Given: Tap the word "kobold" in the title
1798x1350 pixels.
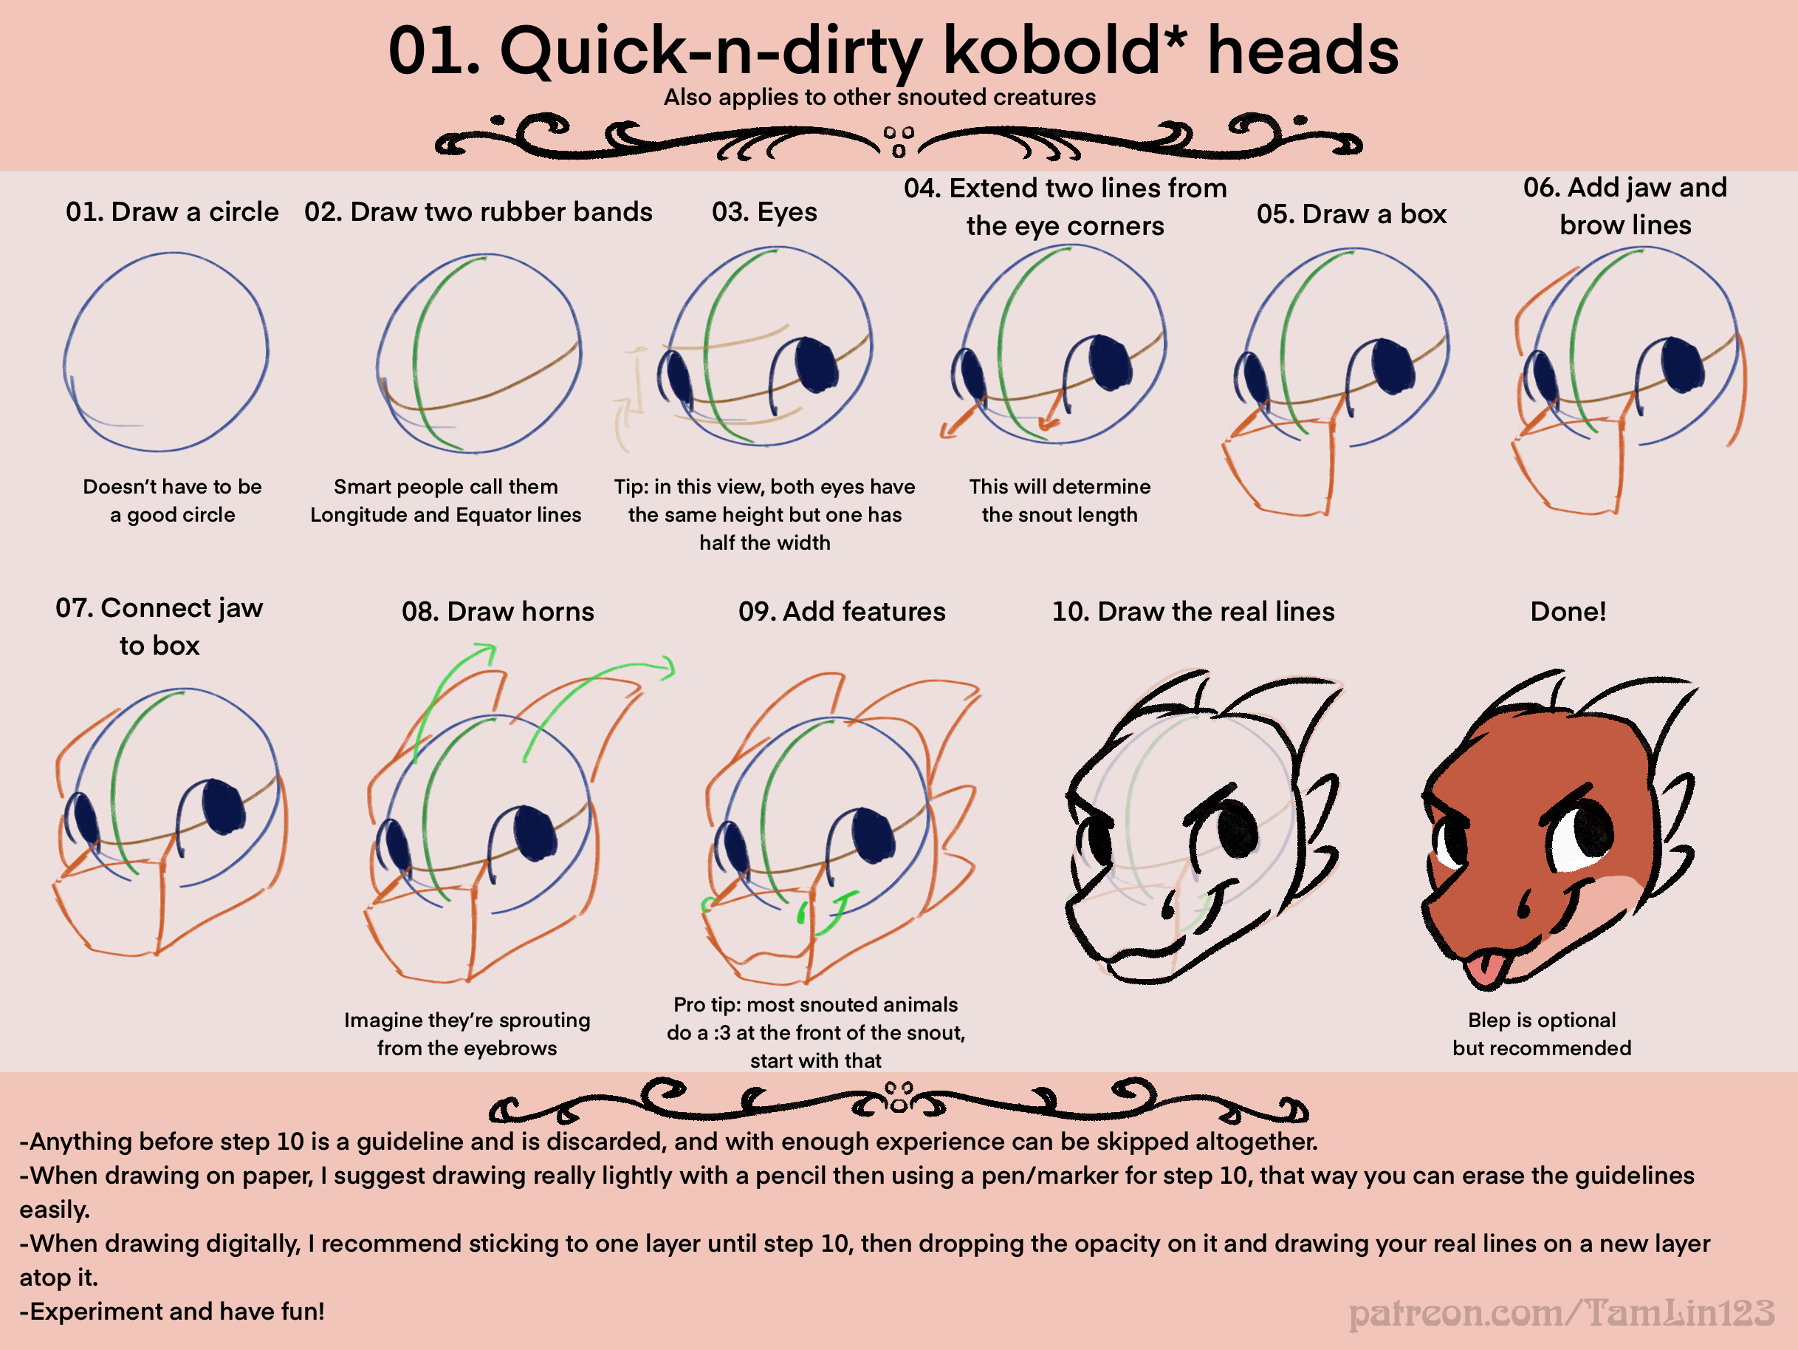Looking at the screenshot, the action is [x=1051, y=50].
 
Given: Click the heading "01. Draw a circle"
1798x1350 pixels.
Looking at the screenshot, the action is [x=172, y=211].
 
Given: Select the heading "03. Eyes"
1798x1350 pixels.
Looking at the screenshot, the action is [x=764, y=212].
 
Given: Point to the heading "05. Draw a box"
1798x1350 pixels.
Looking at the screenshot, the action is [x=1352, y=214].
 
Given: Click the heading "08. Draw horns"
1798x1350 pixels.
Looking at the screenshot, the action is [x=498, y=612].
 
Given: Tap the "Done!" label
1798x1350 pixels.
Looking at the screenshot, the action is [x=1568, y=612].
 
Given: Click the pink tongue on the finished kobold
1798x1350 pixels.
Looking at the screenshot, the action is [x=1485, y=969].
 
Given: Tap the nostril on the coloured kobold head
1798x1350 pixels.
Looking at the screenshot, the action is [x=1524, y=904].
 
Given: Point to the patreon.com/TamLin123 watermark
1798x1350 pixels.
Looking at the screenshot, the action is [x=1562, y=1312].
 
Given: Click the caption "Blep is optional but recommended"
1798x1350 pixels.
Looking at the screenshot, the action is [x=1541, y=1034].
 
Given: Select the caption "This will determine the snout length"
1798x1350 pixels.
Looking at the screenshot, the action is [x=1059, y=500].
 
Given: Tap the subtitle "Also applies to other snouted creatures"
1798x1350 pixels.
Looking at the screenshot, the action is [x=879, y=98].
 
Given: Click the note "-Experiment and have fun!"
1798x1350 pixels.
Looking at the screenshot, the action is [x=172, y=1311].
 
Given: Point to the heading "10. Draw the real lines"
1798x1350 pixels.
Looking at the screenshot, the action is [x=1193, y=612].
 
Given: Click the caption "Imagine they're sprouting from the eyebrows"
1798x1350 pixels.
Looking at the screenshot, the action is [x=467, y=1034].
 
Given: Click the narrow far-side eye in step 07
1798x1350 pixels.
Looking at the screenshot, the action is [x=82, y=818].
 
